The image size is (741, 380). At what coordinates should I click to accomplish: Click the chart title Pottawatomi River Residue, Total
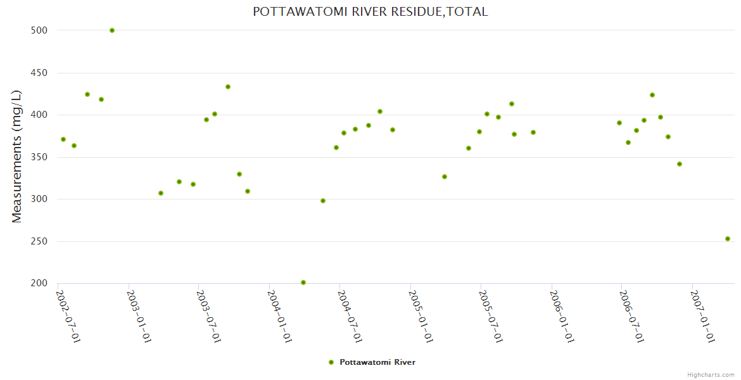(x=370, y=12)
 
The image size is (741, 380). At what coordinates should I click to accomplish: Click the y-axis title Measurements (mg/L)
(x=17, y=156)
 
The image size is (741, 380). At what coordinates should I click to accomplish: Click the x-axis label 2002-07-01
(x=68, y=316)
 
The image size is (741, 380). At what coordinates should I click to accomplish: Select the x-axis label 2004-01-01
(x=280, y=316)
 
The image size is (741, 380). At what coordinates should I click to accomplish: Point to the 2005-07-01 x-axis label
(x=491, y=316)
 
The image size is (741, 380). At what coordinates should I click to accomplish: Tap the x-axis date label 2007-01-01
(x=703, y=316)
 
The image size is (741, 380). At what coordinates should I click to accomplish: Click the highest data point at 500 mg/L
(x=112, y=30)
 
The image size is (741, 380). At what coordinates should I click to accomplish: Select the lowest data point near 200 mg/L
(x=303, y=282)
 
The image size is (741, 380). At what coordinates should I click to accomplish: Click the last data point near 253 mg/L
(x=728, y=239)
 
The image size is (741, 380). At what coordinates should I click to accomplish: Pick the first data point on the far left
(x=63, y=139)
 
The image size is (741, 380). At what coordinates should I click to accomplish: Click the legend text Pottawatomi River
(x=377, y=362)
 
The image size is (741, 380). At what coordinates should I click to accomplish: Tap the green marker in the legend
(x=331, y=362)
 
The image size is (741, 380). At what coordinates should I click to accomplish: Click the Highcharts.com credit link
(x=711, y=375)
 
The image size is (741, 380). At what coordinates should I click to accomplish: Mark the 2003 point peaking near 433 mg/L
(x=228, y=87)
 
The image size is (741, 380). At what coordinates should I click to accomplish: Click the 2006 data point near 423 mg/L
(x=652, y=95)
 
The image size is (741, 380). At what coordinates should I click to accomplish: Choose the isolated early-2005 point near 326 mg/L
(x=445, y=177)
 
